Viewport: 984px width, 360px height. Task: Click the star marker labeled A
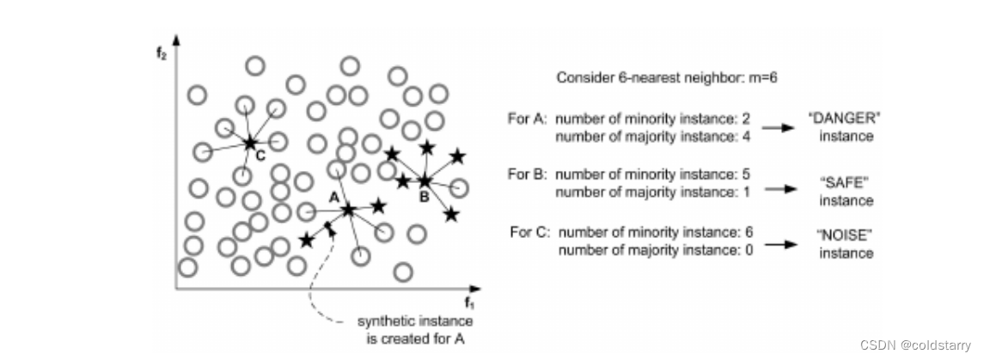(348, 209)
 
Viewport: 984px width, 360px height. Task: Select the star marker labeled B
(425, 180)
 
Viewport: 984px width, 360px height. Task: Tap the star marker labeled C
(250, 143)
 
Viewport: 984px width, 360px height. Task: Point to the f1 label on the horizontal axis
(469, 302)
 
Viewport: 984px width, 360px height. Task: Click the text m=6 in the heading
(760, 78)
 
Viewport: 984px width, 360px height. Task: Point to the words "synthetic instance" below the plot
(415, 321)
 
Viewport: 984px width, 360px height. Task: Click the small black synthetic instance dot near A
(327, 226)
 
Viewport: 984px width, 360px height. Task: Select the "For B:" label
(526, 174)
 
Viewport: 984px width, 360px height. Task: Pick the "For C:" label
(528, 232)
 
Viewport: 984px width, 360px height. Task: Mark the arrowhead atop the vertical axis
(176, 39)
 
